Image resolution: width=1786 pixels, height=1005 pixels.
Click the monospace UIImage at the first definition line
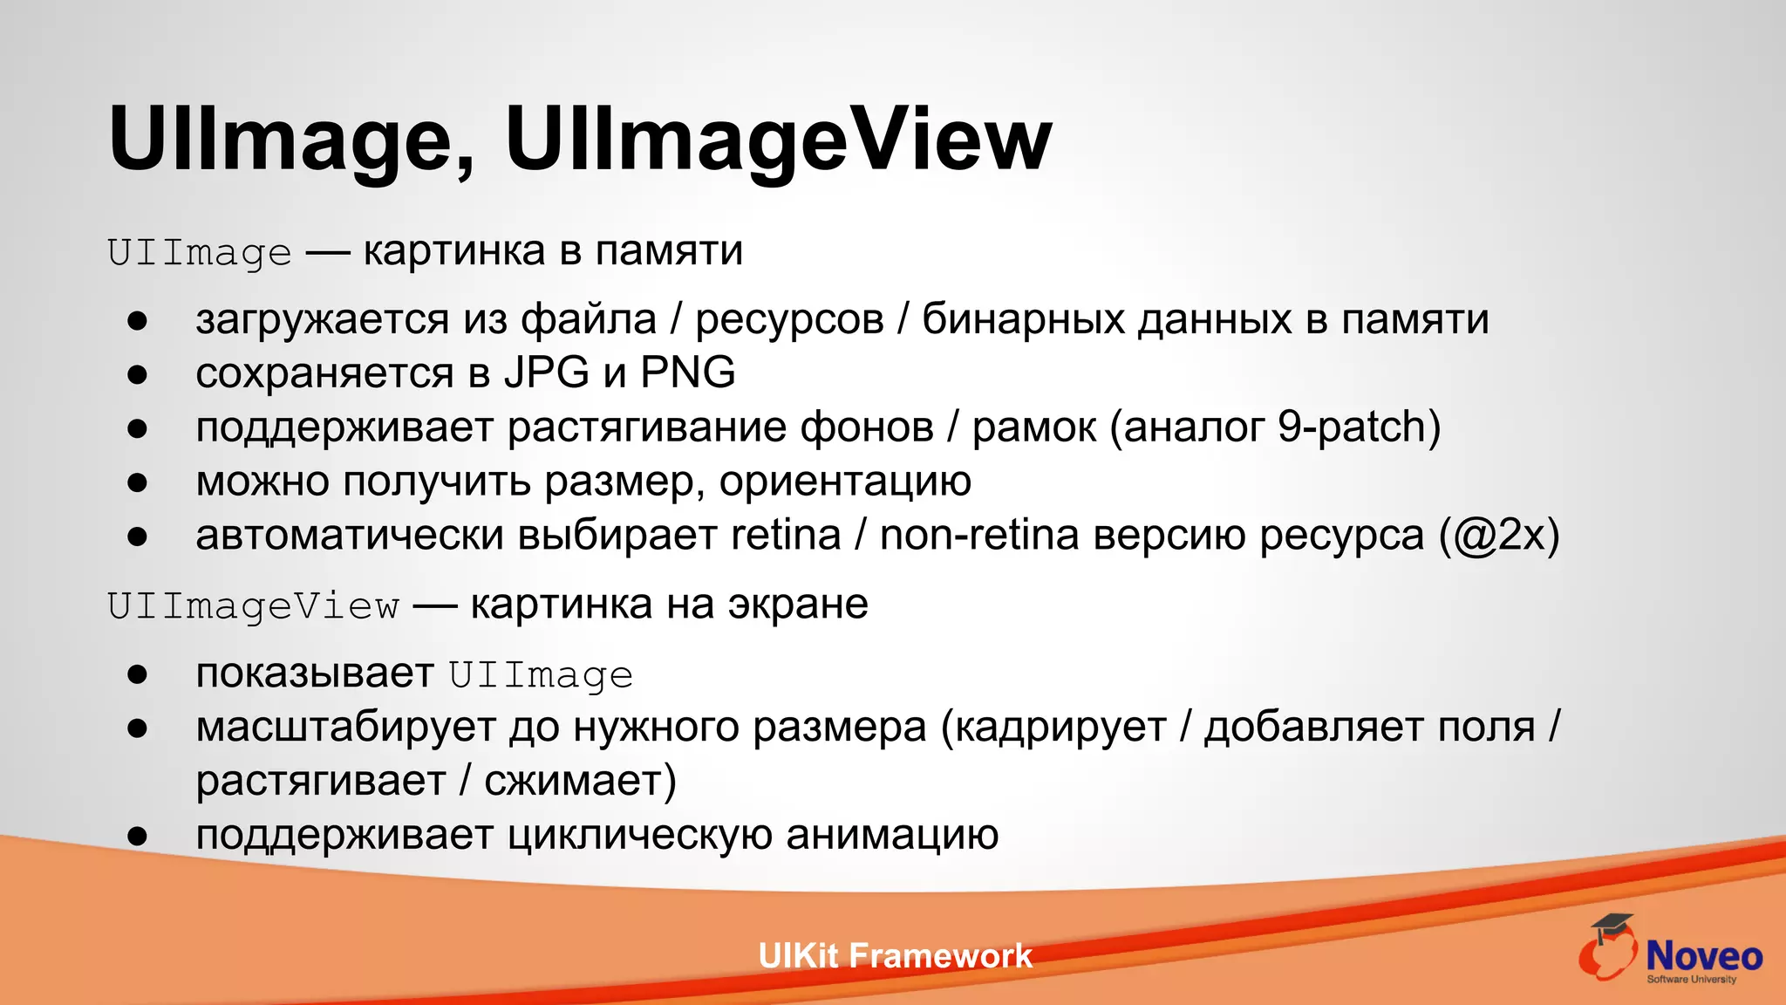(200, 253)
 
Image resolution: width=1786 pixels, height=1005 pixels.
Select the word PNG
(688, 373)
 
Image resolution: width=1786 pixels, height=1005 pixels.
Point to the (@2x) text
(1498, 535)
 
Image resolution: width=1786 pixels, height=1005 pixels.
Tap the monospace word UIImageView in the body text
(254, 606)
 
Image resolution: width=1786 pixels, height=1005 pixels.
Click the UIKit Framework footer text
(895, 956)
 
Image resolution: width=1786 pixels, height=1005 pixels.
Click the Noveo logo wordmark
(1703, 956)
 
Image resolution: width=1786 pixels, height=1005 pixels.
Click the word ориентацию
(844, 482)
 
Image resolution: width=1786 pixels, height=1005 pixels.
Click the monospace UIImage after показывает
(541, 676)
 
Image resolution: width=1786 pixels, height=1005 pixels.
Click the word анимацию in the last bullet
(891, 835)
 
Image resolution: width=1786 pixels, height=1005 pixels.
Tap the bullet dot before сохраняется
(137, 375)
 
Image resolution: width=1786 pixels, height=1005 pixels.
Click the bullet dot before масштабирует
(137, 728)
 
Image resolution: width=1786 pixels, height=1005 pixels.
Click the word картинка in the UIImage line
(453, 251)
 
